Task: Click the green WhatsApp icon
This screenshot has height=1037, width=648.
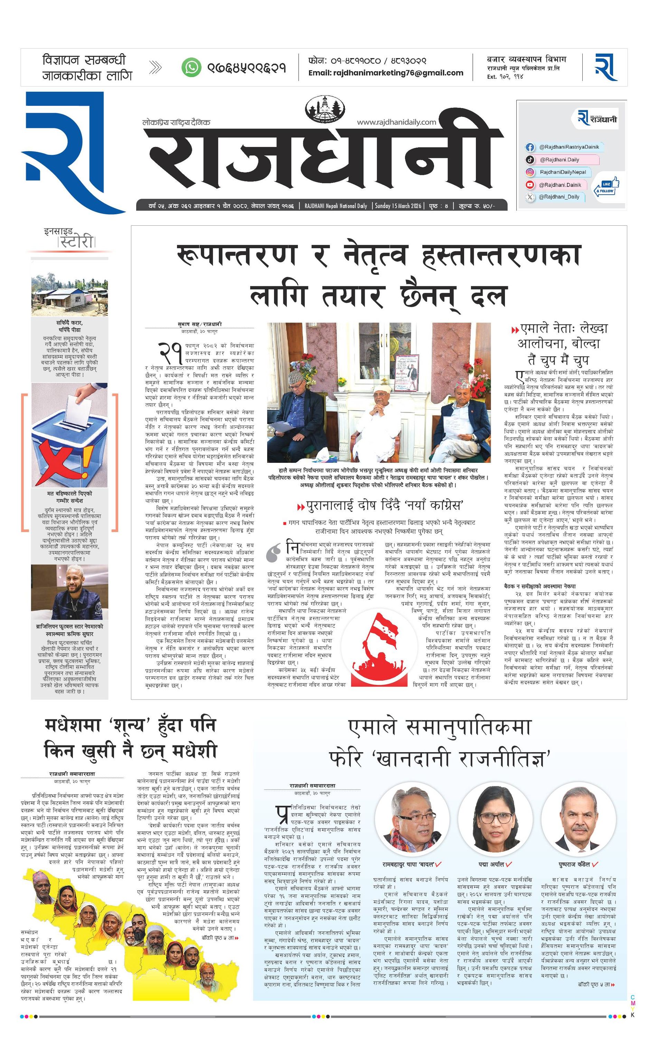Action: pos(191,67)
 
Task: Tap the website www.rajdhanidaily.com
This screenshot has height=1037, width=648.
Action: pos(396,122)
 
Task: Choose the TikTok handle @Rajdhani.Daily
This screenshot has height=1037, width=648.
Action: pos(559,160)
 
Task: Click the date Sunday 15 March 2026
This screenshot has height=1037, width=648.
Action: pos(398,206)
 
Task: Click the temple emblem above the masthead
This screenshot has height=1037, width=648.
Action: pos(325,109)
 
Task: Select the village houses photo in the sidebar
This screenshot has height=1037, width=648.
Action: pos(69,295)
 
